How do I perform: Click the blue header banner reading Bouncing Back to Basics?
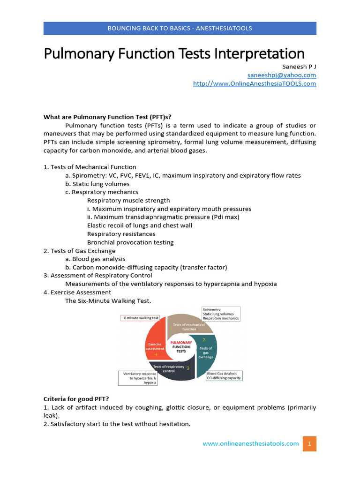click(x=180, y=28)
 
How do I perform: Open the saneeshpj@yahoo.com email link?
click(x=282, y=75)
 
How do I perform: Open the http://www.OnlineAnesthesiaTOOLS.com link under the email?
click(x=255, y=83)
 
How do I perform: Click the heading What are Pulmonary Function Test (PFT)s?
click(x=111, y=117)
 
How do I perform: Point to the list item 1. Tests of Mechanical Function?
click(x=90, y=167)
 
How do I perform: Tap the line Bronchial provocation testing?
click(x=130, y=242)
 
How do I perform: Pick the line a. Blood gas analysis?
click(x=95, y=259)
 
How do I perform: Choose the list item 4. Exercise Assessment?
click(x=77, y=292)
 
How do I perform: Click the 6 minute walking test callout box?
click(x=139, y=318)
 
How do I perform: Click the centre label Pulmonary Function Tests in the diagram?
click(x=180, y=347)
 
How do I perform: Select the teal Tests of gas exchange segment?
click(x=206, y=352)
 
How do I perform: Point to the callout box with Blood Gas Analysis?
click(x=225, y=376)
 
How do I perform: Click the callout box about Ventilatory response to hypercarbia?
click(x=137, y=378)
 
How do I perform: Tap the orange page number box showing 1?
click(x=309, y=443)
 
